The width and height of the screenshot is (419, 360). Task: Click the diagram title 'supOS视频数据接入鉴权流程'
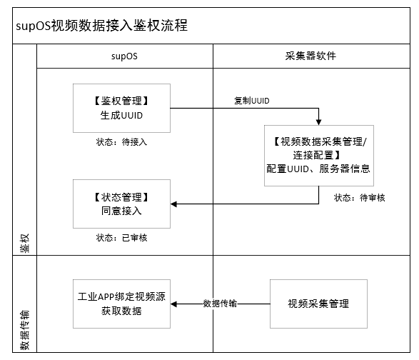click(101, 26)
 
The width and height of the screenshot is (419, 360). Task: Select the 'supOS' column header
click(124, 56)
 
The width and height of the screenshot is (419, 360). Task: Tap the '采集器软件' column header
click(311, 56)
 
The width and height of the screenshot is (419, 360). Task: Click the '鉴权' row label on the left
click(24, 243)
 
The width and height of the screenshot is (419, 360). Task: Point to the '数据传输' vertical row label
click(24, 330)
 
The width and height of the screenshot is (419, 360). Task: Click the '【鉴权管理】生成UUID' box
click(121, 108)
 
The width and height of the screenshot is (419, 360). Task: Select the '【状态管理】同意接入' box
click(121, 204)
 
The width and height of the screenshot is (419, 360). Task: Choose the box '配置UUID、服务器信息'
click(319, 156)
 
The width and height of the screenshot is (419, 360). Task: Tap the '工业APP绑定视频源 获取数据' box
click(121, 304)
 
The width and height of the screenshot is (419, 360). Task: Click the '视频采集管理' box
click(318, 304)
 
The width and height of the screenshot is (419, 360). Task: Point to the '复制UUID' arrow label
click(252, 101)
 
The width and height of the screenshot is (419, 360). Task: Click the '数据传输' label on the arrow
click(220, 304)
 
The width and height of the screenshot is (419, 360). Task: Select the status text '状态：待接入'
click(121, 141)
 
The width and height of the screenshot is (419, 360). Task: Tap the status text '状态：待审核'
click(360, 198)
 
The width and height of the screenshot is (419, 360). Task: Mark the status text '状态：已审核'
click(121, 238)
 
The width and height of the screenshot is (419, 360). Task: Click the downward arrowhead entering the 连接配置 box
click(319, 121)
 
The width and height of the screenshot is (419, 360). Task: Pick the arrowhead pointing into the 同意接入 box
click(173, 204)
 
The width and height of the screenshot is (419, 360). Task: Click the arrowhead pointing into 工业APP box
click(173, 304)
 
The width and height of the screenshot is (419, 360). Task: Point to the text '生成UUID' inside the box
click(121, 115)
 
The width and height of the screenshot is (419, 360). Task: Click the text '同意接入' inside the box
click(121, 211)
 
